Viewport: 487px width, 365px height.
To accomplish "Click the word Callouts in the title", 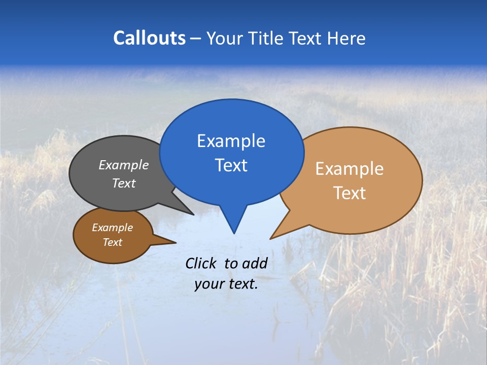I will [x=150, y=38].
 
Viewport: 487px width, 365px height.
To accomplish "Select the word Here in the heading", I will [x=346, y=38].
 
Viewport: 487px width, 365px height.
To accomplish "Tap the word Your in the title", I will [x=225, y=38].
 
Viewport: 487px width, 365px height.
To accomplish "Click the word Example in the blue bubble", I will [x=231, y=141].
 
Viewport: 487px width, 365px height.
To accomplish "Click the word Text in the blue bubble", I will [x=231, y=165].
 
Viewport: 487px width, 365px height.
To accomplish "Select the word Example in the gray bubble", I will [x=124, y=165].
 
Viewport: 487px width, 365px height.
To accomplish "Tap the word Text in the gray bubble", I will [x=124, y=183].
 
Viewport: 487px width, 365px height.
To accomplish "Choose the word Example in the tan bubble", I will [x=350, y=169].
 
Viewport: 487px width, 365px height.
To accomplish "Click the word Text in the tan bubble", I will [x=350, y=193].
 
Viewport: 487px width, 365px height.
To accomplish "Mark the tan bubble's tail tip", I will [x=271, y=238].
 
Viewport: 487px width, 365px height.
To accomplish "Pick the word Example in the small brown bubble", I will [x=112, y=228].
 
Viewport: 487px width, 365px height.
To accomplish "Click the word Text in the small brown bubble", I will [x=112, y=242].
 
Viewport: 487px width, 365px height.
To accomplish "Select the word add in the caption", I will [x=255, y=263].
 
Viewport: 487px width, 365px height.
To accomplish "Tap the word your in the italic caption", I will [x=208, y=284].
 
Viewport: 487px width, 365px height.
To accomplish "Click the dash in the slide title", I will [x=196, y=39].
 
